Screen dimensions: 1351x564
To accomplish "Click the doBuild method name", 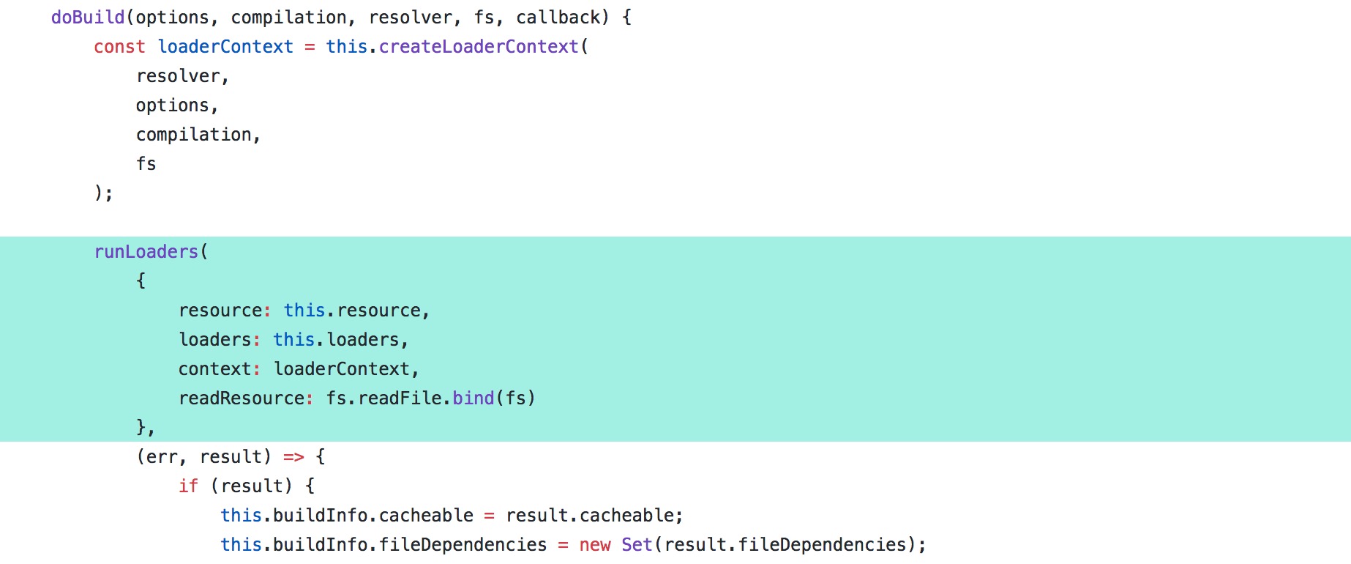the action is tap(88, 17).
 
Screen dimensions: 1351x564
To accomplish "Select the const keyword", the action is tap(119, 46).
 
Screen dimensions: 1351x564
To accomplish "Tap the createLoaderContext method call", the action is tap(479, 46).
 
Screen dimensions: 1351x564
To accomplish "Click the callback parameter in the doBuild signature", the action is tap(558, 17).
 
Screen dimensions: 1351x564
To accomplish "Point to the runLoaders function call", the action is tap(146, 251).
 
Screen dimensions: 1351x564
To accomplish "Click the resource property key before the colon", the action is tap(220, 311).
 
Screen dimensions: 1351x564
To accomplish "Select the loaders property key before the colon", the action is tap(215, 339).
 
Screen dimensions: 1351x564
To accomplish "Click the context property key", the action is tap(215, 369).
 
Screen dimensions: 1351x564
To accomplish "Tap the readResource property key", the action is tap(242, 398).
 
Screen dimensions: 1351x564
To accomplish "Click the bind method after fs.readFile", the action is tap(474, 398).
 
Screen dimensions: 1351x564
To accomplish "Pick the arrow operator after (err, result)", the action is tap(293, 457).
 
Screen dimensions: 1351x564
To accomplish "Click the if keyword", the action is tap(188, 486).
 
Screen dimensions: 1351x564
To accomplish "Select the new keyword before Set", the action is tap(595, 545).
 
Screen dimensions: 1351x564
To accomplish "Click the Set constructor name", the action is tap(637, 544).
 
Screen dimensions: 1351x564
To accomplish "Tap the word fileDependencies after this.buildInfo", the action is tap(463, 544).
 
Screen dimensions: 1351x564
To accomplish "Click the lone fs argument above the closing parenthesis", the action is tap(146, 163).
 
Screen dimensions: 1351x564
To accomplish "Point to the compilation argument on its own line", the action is tap(194, 135).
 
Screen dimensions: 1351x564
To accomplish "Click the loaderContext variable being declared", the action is tap(225, 46).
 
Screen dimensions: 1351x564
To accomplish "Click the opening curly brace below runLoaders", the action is tap(141, 281).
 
